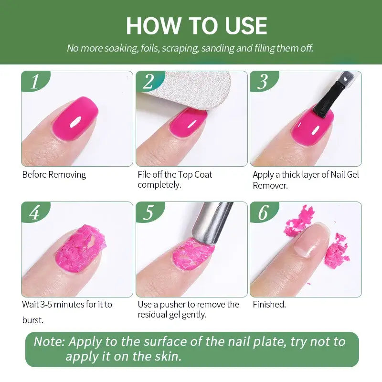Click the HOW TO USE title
click(x=196, y=26)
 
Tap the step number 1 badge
click(x=34, y=82)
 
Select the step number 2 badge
click(x=149, y=82)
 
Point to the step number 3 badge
click(x=263, y=82)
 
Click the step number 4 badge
click(x=34, y=212)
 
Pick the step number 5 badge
click(x=149, y=212)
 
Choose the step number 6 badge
click(x=263, y=212)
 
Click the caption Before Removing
click(x=54, y=175)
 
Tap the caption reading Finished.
click(x=269, y=305)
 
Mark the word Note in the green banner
click(x=49, y=342)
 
